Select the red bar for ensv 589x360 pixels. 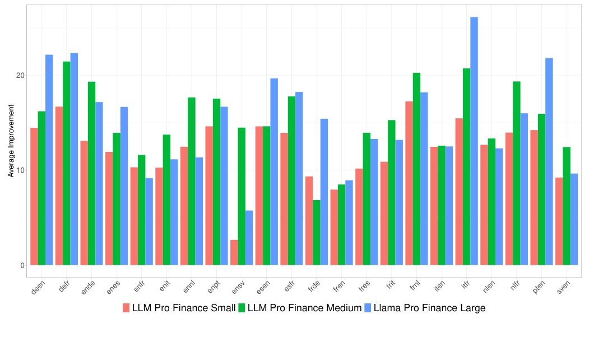pyautogui.click(x=234, y=253)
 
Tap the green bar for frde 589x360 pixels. pyautogui.click(x=317, y=233)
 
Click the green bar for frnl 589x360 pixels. pyautogui.click(x=416, y=169)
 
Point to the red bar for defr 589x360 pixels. pyautogui.click(x=59, y=186)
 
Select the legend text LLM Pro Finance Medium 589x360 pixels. pyautogui.click(x=304, y=308)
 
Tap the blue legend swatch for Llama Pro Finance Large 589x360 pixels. pyautogui.click(x=368, y=308)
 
